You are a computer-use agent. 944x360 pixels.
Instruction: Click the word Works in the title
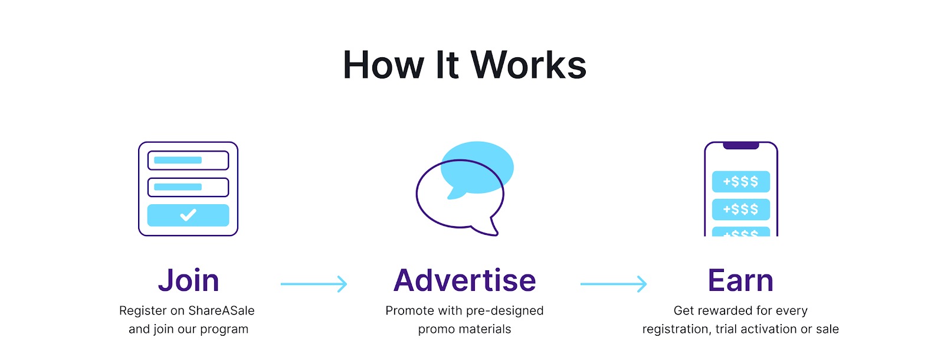pos(529,65)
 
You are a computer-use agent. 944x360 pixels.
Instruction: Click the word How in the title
pos(383,65)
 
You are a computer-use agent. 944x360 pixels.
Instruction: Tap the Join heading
pos(188,281)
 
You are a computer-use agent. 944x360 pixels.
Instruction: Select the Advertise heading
pos(465,281)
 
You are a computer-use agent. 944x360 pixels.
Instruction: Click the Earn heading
pos(740,281)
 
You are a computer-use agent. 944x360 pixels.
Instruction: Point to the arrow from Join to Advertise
pos(314,284)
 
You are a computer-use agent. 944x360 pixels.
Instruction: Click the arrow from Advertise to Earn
pos(614,284)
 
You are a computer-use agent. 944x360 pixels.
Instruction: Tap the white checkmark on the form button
pos(188,215)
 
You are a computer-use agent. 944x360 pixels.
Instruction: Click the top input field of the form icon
pos(188,161)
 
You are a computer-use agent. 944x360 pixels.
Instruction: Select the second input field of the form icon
pos(188,187)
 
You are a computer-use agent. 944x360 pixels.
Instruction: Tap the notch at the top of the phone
pos(741,145)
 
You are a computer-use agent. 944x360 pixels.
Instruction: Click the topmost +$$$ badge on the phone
pos(741,182)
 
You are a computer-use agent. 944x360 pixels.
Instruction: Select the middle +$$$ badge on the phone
pos(741,210)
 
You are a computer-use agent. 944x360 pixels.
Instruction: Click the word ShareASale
pos(221,311)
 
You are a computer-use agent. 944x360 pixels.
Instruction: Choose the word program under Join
pos(224,329)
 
